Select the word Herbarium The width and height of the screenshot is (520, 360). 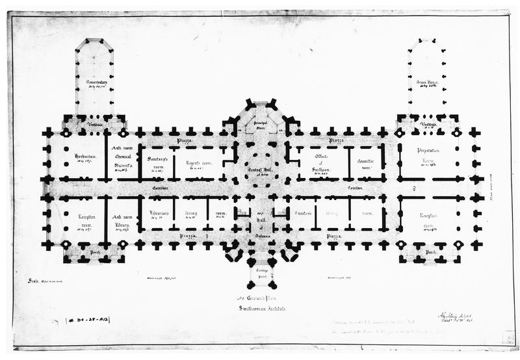pos(84,157)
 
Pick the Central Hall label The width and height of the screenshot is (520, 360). pos(259,170)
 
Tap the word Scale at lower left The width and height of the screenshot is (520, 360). pos(34,281)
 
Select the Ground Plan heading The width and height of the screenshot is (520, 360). pos(260,297)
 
